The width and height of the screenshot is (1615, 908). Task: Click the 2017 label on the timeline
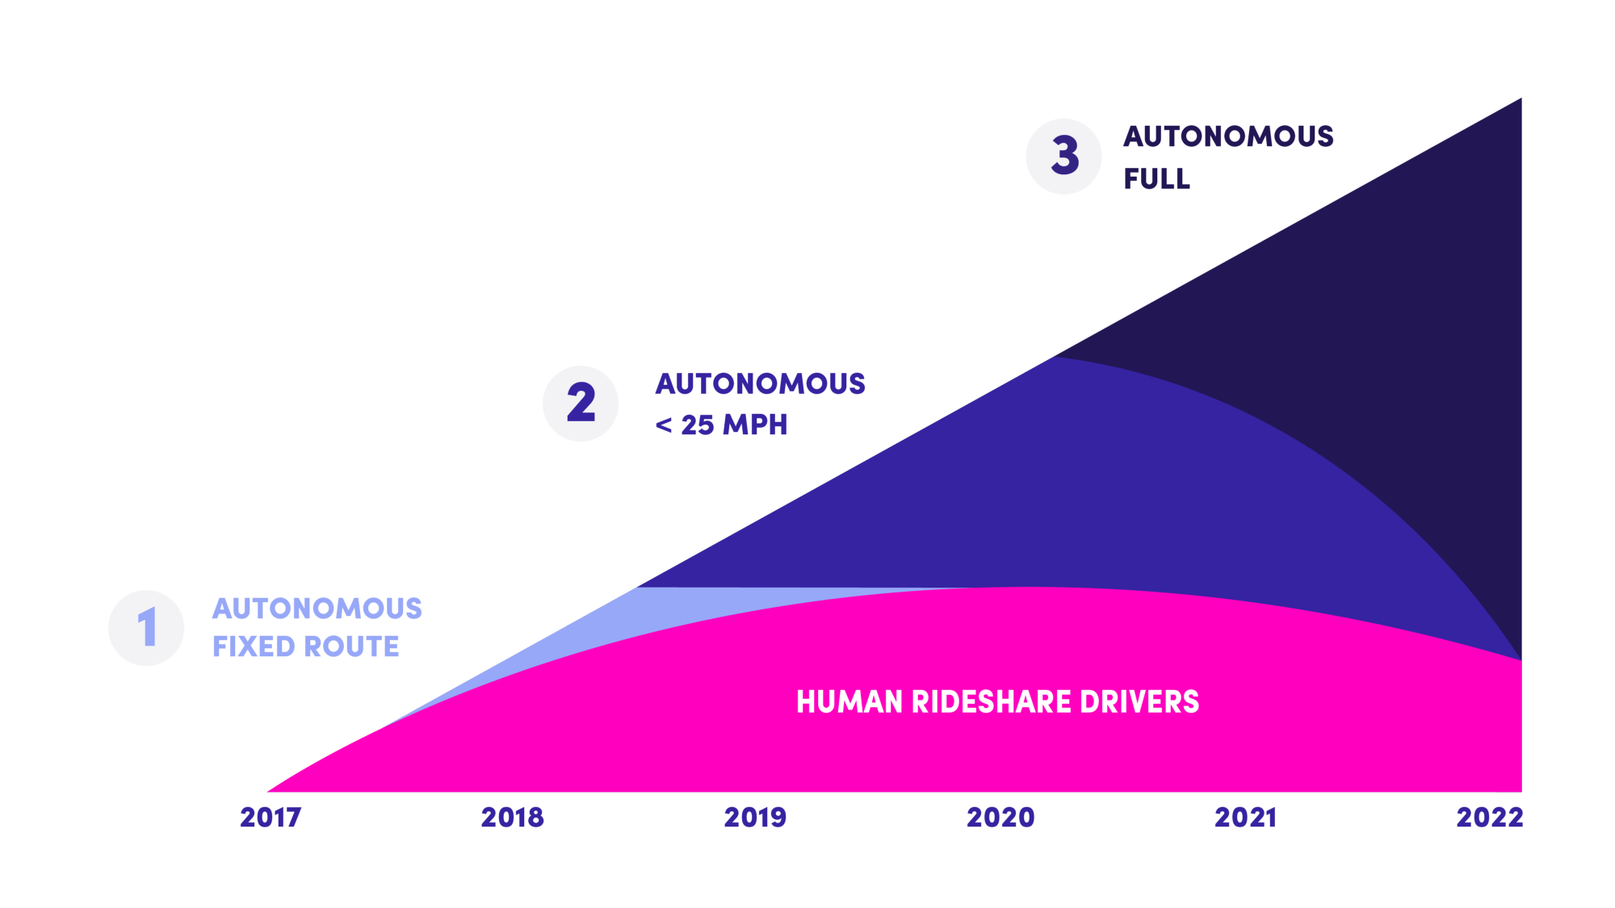271,818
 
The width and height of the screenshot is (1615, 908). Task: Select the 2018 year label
513,818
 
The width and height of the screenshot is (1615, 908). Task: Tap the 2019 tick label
755,818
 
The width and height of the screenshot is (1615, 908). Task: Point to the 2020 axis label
1000,818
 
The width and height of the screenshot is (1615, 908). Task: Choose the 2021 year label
1245,818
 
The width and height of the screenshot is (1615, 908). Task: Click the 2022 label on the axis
1490,818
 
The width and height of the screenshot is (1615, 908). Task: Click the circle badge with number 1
146,628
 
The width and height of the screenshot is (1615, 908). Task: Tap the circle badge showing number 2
581,404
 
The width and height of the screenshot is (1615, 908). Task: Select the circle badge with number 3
1064,156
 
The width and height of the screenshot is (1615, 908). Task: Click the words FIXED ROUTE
306,646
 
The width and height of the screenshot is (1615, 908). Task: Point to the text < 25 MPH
721,425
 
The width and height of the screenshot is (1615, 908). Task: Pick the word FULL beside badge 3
1156,178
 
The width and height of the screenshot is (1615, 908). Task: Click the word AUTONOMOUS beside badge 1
317,609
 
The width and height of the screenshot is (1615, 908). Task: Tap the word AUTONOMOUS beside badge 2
760,383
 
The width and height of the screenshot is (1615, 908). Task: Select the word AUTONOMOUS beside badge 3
1228,136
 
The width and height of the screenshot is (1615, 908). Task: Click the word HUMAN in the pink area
849,702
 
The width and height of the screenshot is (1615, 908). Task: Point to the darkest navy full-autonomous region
1421,323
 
